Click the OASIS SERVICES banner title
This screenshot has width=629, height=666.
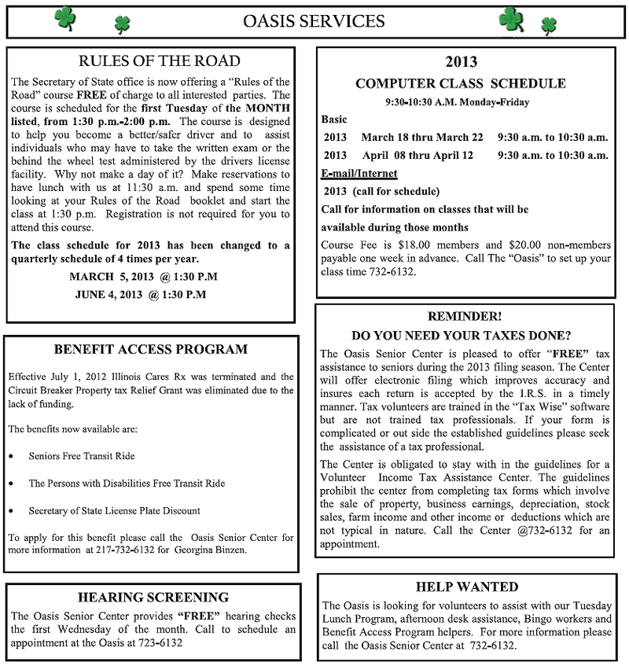[314, 21]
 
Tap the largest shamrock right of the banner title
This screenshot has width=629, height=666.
[511, 18]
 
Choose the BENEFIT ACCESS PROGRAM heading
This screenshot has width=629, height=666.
[151, 349]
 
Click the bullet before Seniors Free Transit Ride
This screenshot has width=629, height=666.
[11, 456]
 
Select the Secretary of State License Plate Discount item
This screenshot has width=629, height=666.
[114, 510]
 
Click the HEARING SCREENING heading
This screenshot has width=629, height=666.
[153, 597]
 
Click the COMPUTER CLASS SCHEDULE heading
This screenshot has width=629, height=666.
[460, 83]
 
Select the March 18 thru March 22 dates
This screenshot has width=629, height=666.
[422, 138]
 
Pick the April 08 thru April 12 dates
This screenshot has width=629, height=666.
[417, 156]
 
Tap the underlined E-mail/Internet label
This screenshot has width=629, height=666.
[359, 173]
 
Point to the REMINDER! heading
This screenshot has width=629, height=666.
[464, 316]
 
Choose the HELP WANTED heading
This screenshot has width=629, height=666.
[466, 587]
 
